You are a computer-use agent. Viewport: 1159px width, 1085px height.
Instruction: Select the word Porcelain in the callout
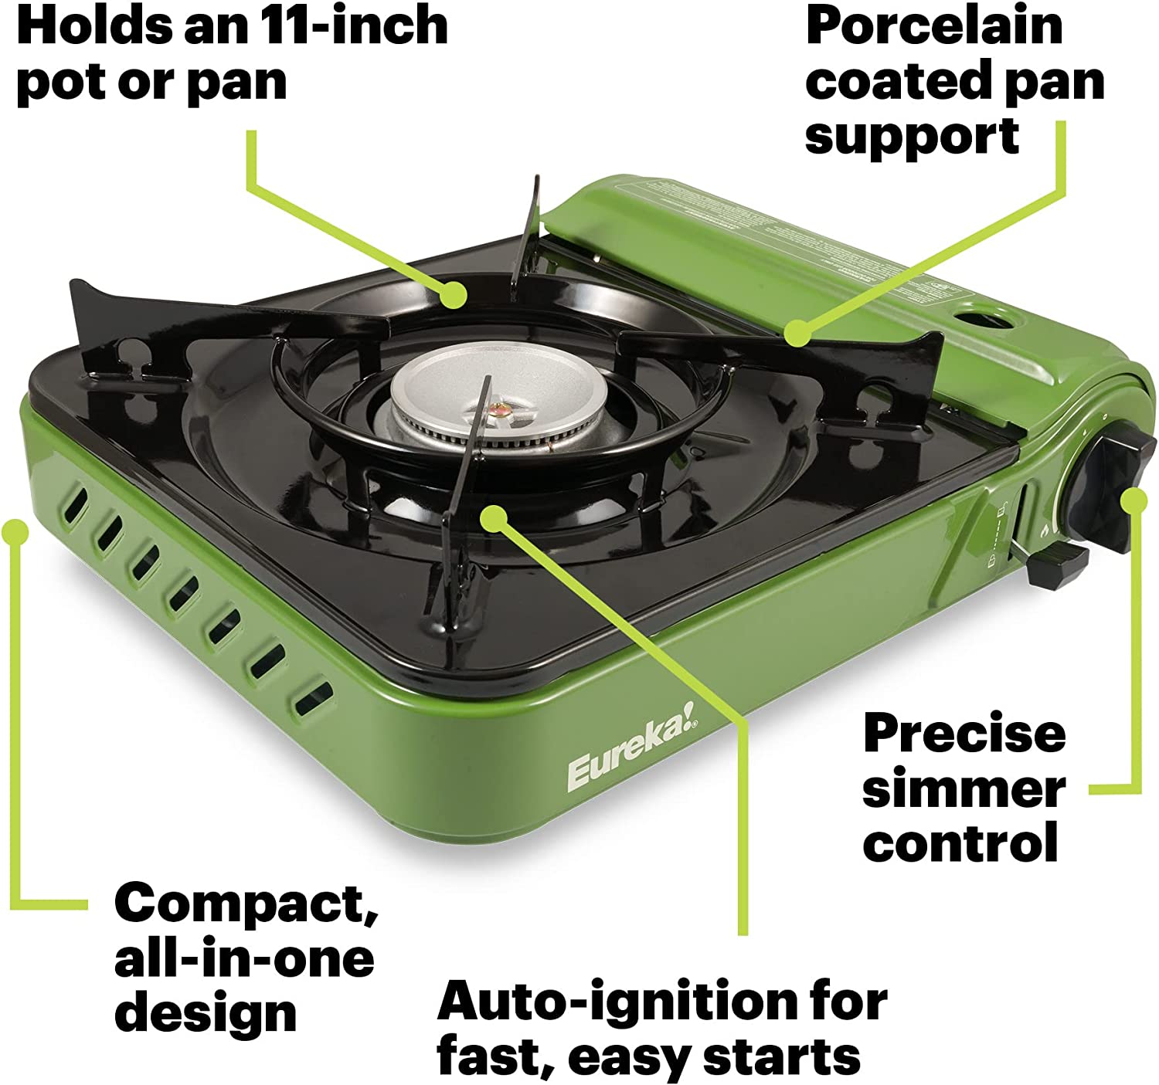(x=934, y=25)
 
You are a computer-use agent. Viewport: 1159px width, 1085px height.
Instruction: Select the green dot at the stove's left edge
(x=15, y=532)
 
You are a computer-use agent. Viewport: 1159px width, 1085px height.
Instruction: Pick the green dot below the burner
(x=494, y=517)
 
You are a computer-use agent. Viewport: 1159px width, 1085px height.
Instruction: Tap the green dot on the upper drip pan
(x=454, y=294)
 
